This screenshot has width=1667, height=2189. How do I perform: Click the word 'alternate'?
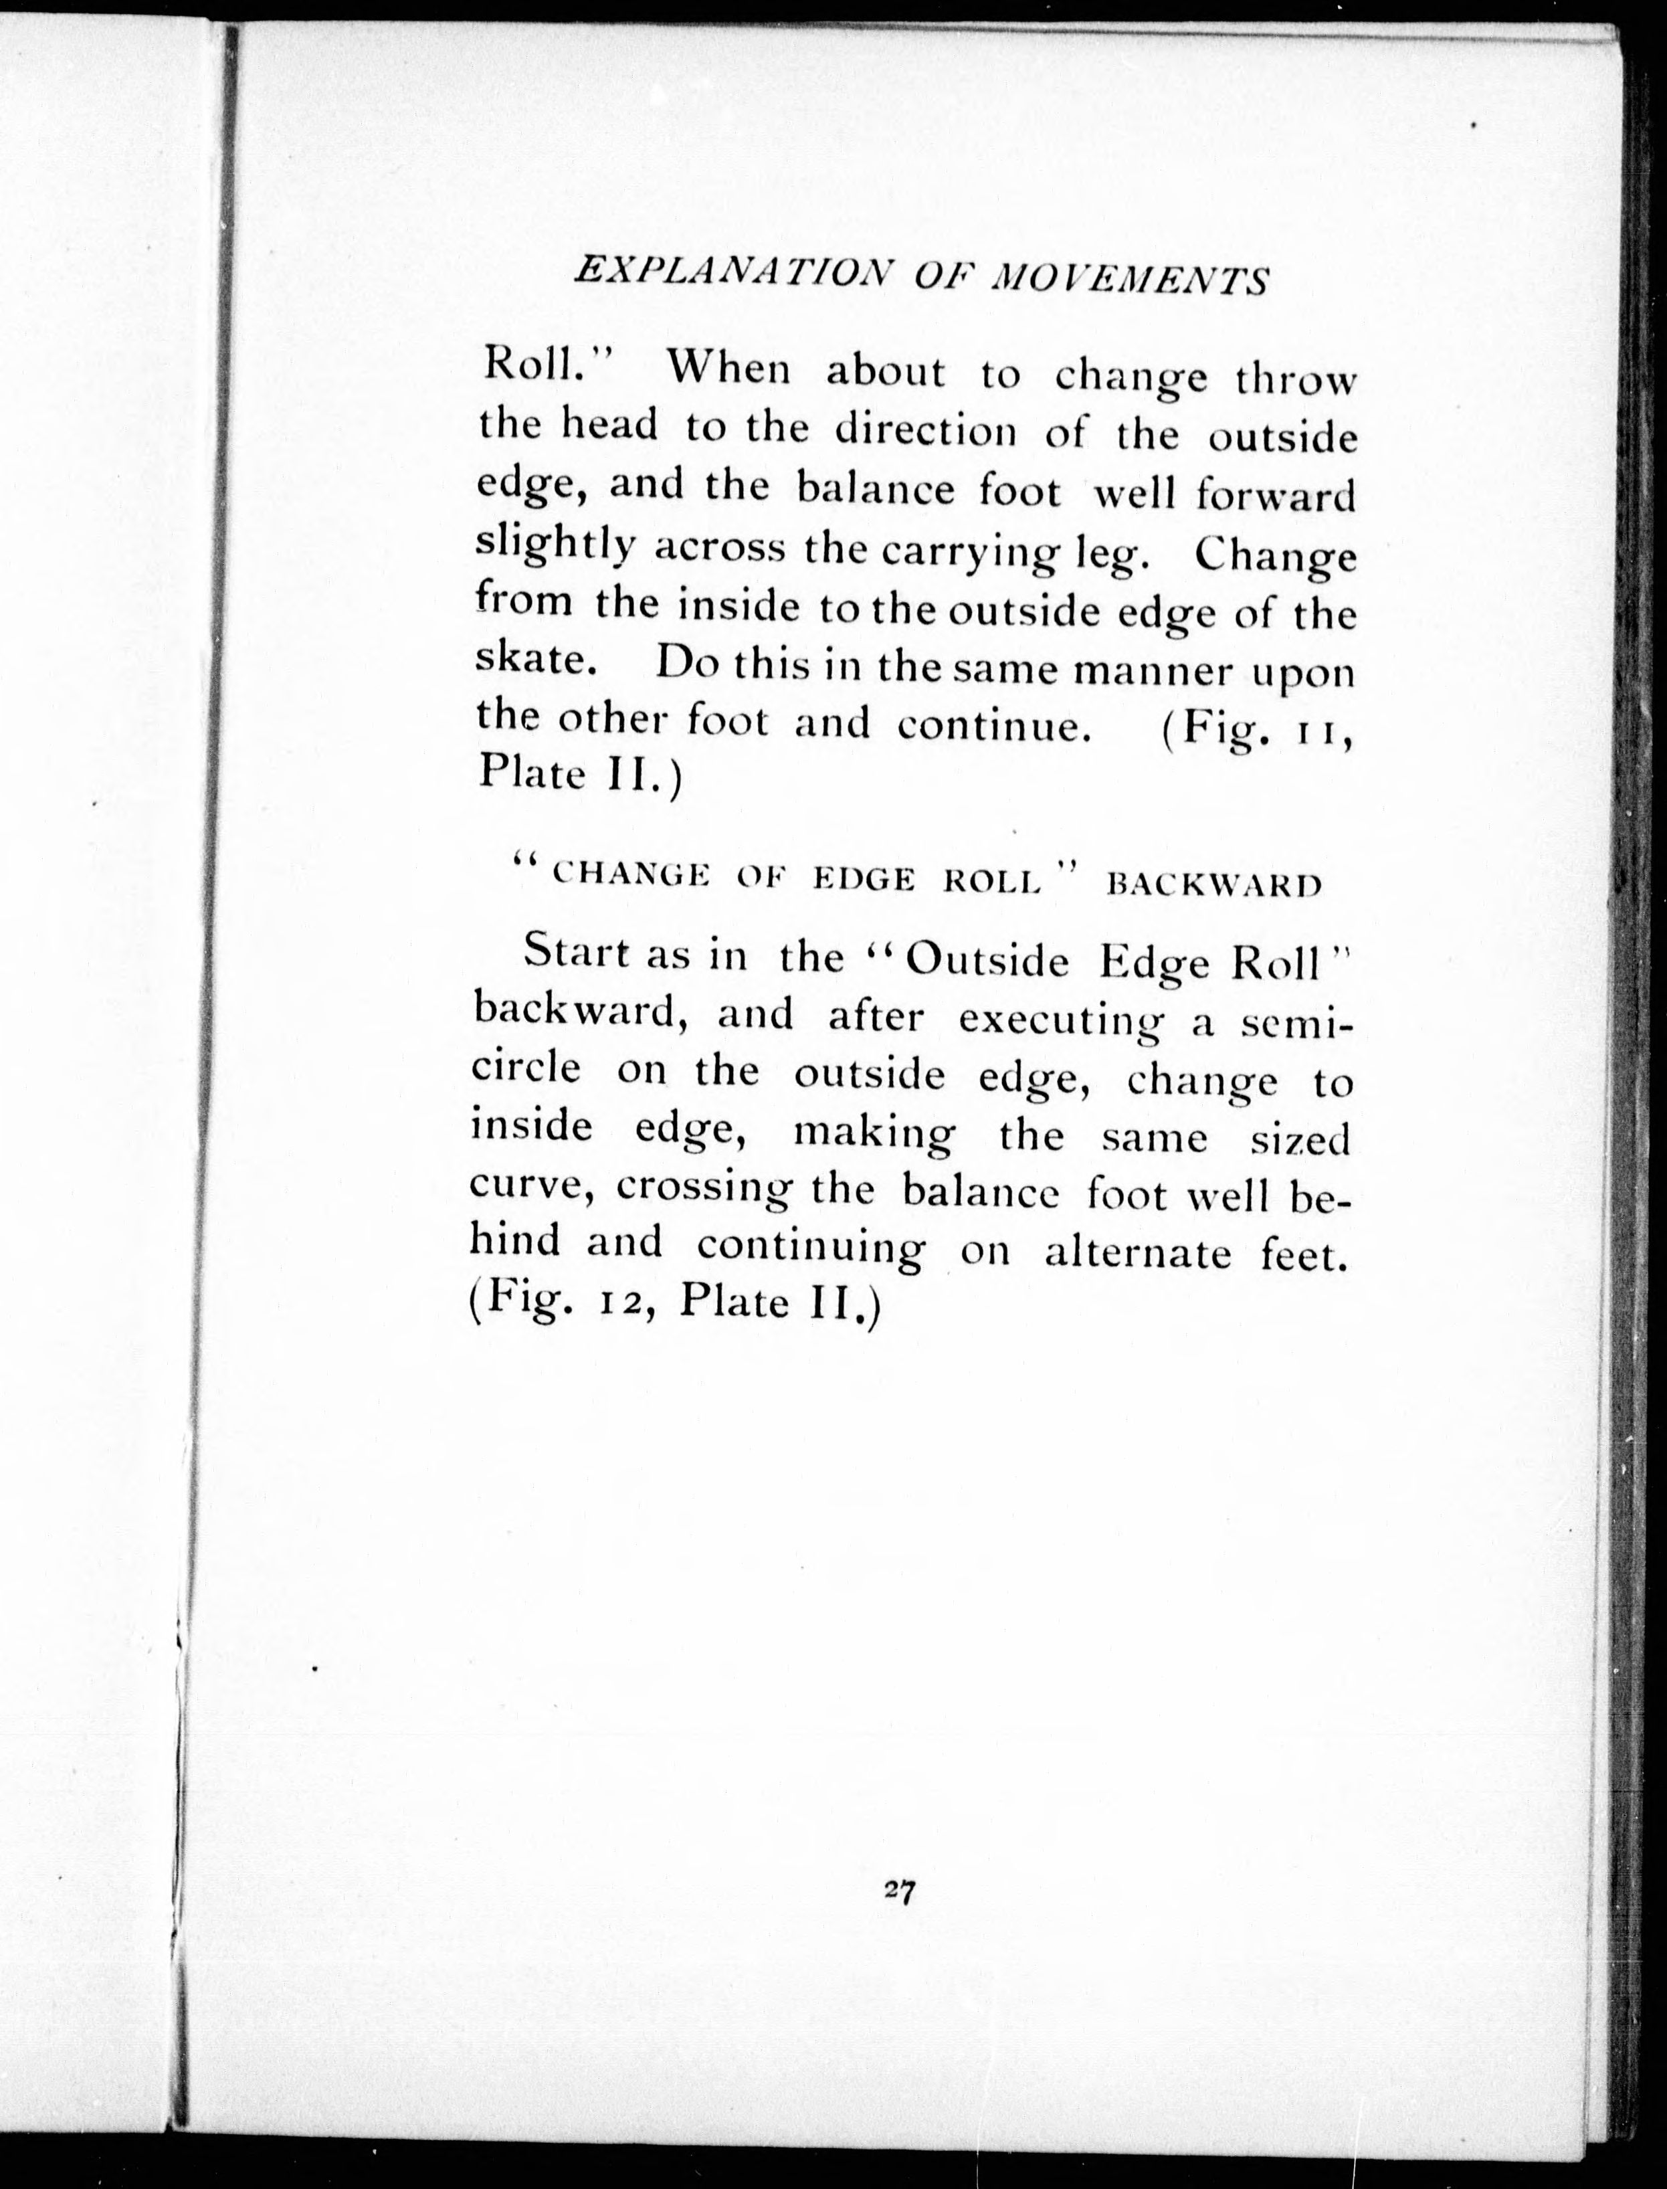pyautogui.click(x=1137, y=1253)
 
